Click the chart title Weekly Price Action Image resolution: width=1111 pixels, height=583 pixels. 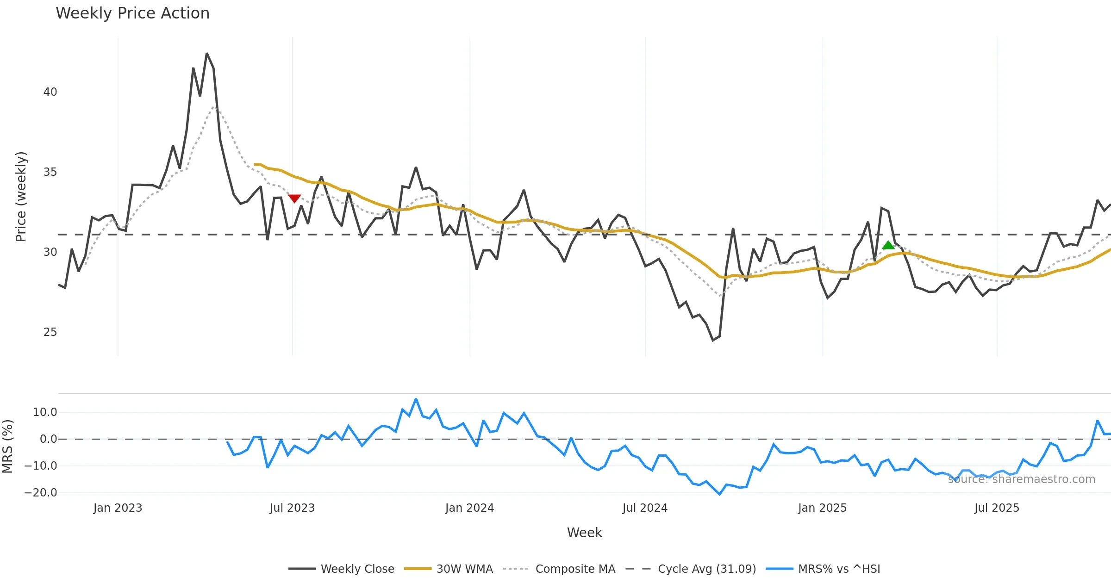click(132, 13)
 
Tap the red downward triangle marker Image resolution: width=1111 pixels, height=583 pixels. click(294, 198)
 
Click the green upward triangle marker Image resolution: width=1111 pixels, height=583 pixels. click(888, 245)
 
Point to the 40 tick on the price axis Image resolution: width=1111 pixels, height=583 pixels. click(50, 92)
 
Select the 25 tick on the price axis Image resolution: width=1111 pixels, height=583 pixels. click(50, 332)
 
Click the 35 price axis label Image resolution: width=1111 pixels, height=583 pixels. click(50, 172)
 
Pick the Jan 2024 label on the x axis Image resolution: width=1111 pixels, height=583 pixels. click(469, 508)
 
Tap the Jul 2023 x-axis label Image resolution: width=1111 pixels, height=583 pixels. click(292, 508)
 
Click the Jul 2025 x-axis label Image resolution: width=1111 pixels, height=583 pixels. click(997, 508)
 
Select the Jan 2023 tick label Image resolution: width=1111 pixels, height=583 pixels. click(118, 508)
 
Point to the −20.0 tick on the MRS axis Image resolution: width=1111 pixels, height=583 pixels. click(41, 493)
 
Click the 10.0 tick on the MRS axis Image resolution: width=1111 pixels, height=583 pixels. click(45, 412)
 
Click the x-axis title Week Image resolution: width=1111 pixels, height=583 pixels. click(584, 533)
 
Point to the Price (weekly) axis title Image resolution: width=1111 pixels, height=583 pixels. click(21, 197)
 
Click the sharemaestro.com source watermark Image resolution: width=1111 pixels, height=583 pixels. click(1021, 479)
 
